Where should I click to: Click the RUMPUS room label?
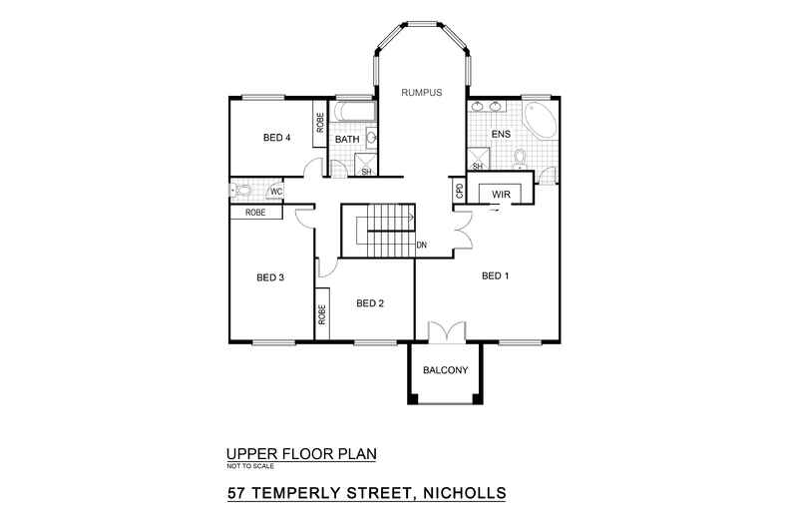click(421, 93)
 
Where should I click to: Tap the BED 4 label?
click(276, 138)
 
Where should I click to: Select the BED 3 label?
click(270, 277)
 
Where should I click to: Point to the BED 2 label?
click(370, 303)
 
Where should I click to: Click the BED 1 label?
click(496, 275)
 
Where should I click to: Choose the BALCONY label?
click(445, 370)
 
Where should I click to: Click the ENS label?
click(502, 134)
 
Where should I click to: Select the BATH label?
click(346, 140)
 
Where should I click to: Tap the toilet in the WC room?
click(242, 190)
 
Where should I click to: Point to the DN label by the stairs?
click(422, 244)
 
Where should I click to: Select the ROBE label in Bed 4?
click(320, 123)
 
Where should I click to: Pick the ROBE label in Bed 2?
click(323, 315)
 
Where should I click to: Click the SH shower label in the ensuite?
click(478, 166)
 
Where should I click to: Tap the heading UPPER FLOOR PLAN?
click(302, 454)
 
